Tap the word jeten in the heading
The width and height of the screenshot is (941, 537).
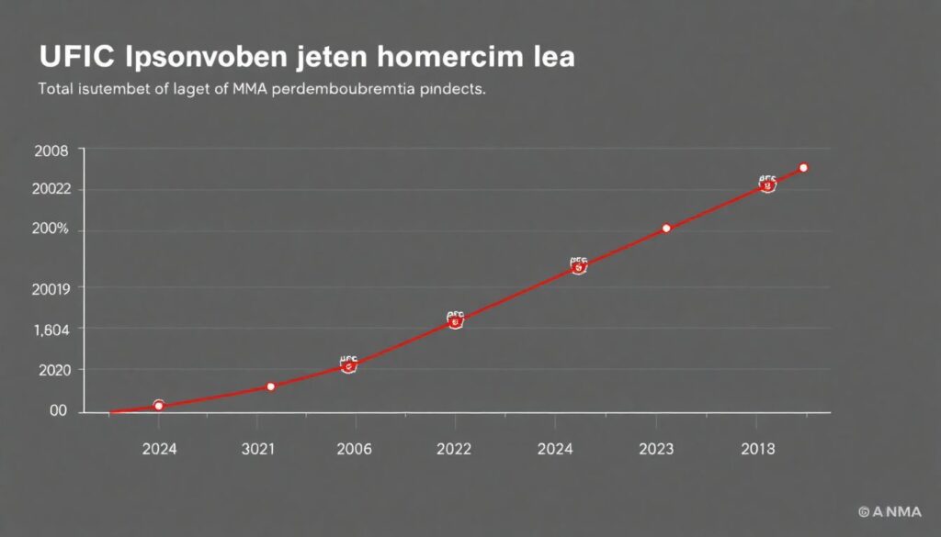[312, 58]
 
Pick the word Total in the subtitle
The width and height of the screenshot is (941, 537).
[56, 91]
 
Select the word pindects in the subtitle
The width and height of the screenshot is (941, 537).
[451, 91]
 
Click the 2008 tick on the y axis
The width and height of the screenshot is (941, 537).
[51, 151]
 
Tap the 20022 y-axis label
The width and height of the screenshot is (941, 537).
[51, 190]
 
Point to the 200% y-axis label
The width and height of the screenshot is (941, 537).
[51, 229]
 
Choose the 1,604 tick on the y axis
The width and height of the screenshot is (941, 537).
[51, 329]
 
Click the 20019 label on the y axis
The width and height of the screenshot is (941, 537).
[51, 288]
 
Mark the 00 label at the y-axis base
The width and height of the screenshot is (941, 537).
[59, 411]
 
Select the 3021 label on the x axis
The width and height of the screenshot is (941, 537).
[258, 450]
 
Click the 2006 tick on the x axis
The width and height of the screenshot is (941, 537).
[354, 450]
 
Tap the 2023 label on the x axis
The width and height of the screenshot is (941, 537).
[655, 450]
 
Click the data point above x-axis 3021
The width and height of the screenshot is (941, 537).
[270, 386]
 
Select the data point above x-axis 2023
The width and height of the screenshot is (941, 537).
[666, 228]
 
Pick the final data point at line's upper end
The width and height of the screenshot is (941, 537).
[803, 167]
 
